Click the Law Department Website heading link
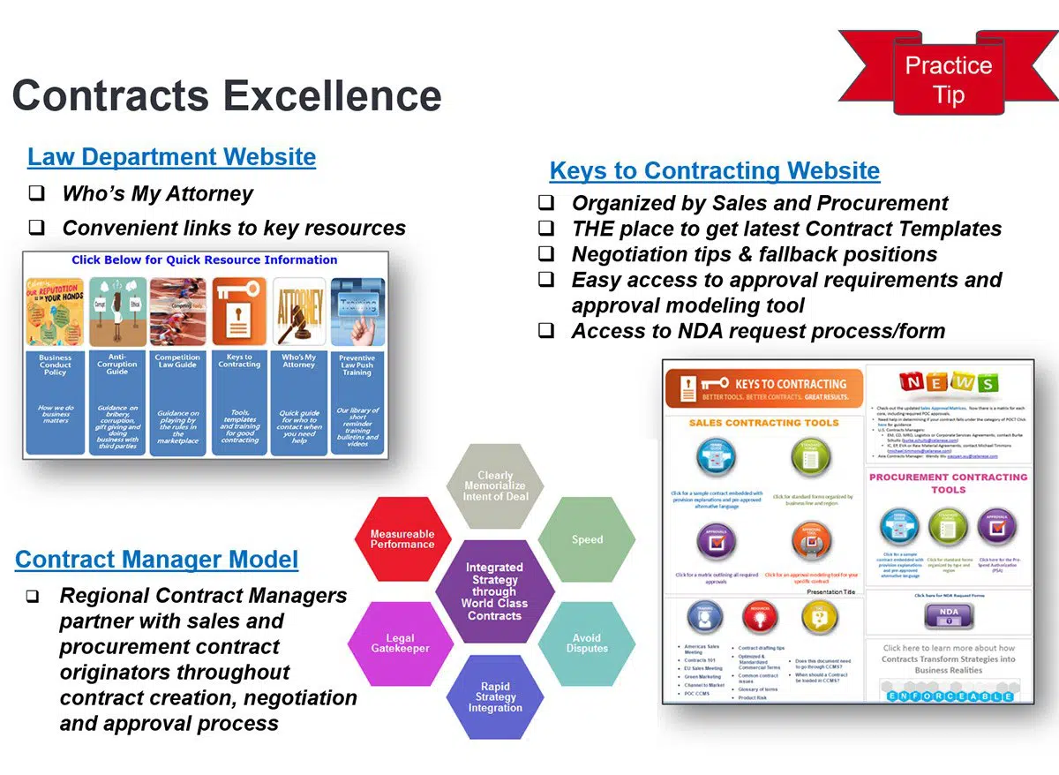[171, 157]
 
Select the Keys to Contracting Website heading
[714, 170]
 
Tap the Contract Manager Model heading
[156, 559]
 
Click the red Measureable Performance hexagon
[402, 539]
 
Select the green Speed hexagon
[587, 539]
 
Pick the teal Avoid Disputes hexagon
[587, 643]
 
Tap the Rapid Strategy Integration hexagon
[495, 697]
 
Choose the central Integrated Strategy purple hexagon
[494, 591]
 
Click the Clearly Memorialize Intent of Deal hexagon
[495, 486]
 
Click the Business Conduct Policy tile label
[55, 365]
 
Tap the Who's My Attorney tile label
[298, 361]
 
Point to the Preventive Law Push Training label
[357, 365]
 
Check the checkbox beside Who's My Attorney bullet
[36, 194]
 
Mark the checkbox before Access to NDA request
[547, 331]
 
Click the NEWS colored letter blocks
[949, 382]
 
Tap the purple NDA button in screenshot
[949, 613]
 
